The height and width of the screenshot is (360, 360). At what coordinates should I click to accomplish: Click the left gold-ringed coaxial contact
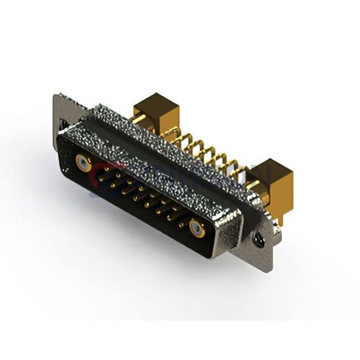pyautogui.click(x=83, y=162)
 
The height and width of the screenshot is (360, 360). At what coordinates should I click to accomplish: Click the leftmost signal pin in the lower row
pyautogui.click(x=112, y=185)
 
